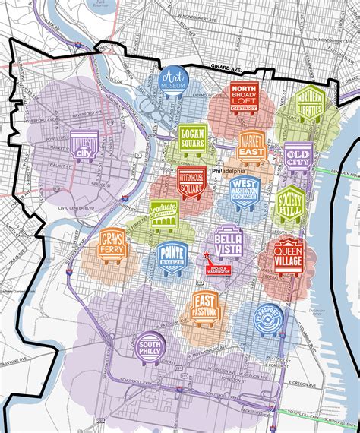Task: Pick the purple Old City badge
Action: [297, 157]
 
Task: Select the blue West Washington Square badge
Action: [245, 191]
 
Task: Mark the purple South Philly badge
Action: [150, 347]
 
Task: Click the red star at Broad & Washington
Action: [206, 257]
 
